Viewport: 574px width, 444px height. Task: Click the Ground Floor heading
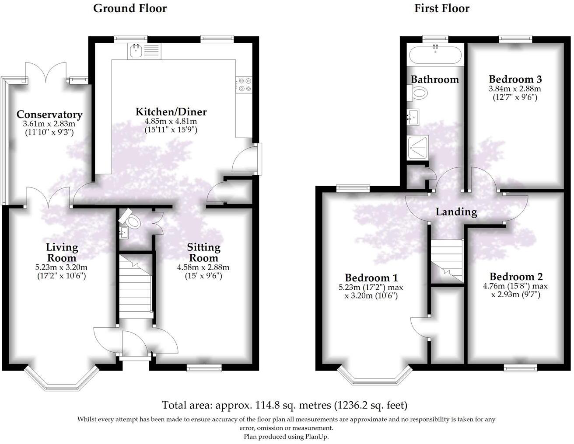[130, 8]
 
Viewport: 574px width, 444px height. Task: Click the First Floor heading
[442, 8]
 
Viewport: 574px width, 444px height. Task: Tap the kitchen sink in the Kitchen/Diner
[136, 51]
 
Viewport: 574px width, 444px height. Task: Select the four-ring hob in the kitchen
[243, 84]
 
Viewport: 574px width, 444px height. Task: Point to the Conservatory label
[49, 114]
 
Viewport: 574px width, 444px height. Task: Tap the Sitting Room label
[203, 252]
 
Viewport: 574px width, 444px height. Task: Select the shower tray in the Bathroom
[417, 148]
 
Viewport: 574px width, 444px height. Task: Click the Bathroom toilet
[419, 92]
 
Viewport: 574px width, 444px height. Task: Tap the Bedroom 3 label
[515, 79]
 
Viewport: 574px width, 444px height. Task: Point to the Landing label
[456, 212]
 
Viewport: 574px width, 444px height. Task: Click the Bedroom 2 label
[516, 277]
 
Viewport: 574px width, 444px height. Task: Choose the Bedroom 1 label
[371, 277]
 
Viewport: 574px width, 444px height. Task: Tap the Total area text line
[284, 405]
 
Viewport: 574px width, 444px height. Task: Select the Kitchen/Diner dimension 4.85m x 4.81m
[171, 121]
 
